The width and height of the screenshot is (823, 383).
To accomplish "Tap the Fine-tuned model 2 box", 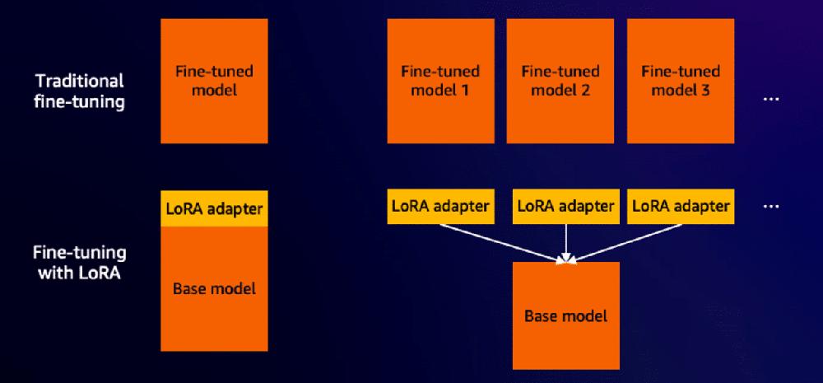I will pyautogui.click(x=560, y=80).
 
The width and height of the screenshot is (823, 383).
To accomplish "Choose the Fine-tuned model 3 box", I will pyautogui.click(x=681, y=80).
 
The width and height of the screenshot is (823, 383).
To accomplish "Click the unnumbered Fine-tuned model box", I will pyautogui.click(x=214, y=80).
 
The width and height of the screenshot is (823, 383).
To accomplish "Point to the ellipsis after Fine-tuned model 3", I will pyautogui.click(x=771, y=99).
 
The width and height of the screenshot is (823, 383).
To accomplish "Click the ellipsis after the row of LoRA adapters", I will pyautogui.click(x=771, y=206).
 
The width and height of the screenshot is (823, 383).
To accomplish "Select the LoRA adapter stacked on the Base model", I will pyautogui.click(x=214, y=207).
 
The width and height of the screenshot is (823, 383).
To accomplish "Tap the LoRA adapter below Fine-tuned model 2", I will pyautogui.click(x=565, y=206).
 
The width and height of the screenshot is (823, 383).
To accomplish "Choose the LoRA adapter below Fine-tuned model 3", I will pyautogui.click(x=681, y=206).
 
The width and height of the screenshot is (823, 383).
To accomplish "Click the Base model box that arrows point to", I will pyautogui.click(x=565, y=315).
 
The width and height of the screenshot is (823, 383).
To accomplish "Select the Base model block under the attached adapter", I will pyautogui.click(x=214, y=288).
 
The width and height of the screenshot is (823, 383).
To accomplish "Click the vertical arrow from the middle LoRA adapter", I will pyautogui.click(x=566, y=241).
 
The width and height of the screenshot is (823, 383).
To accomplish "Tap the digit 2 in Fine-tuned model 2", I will pyautogui.click(x=585, y=90).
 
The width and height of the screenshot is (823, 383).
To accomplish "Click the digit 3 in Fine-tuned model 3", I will pyautogui.click(x=705, y=90).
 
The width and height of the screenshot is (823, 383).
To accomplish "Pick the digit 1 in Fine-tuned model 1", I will pyautogui.click(x=465, y=90).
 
